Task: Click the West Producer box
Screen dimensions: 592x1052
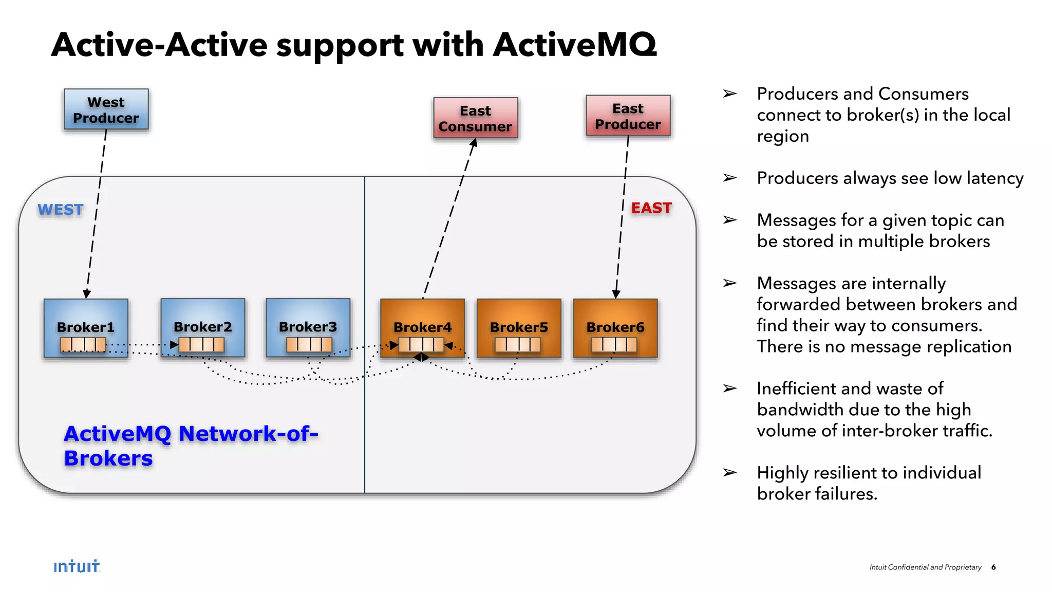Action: click(x=106, y=109)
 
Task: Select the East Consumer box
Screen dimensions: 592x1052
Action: click(x=475, y=118)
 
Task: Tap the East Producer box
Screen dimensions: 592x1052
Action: click(x=628, y=116)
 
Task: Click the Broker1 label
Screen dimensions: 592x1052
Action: click(x=85, y=327)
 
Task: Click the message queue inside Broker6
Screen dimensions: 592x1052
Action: click(x=614, y=344)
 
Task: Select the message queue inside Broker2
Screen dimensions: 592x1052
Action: click(x=201, y=344)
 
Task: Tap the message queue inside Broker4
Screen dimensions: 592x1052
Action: click(x=421, y=344)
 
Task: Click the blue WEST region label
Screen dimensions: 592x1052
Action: click(x=61, y=210)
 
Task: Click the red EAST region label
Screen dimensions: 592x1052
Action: click(x=651, y=208)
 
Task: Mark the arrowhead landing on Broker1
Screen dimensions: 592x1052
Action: click(x=87, y=294)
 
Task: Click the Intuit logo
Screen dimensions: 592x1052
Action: click(x=77, y=566)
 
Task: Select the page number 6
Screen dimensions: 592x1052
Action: click(x=993, y=567)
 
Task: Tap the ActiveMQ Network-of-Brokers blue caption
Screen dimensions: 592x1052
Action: click(x=190, y=446)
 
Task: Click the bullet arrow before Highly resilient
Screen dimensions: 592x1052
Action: click(x=729, y=472)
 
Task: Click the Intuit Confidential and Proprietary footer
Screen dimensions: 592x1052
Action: click(x=925, y=567)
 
